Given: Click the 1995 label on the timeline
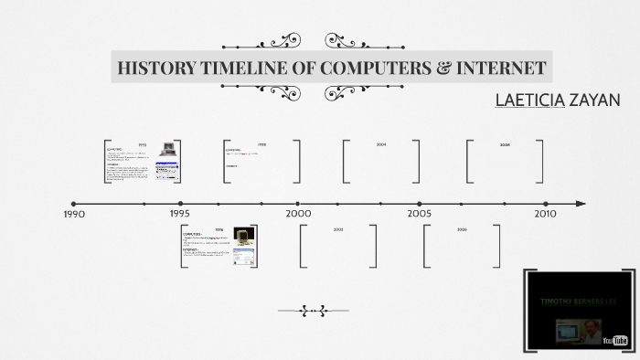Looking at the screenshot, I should (x=180, y=214).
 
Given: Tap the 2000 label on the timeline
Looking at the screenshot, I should (x=298, y=214).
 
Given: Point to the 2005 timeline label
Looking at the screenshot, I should (x=420, y=214).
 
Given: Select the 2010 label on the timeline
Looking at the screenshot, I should (x=545, y=214).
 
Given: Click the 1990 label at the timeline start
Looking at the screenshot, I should (x=74, y=215).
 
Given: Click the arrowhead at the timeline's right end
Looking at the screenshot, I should (x=581, y=204).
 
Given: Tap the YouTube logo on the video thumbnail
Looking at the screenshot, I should (x=616, y=340).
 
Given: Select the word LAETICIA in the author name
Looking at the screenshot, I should (x=529, y=100).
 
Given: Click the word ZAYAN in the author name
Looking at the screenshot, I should (x=594, y=100).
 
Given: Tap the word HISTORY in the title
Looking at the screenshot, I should (x=154, y=68).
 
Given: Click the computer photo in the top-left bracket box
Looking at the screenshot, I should (x=168, y=149).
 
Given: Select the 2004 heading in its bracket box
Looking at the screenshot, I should (x=381, y=144).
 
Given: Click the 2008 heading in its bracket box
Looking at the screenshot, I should (x=505, y=144).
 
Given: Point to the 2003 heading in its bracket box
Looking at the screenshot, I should (x=337, y=229).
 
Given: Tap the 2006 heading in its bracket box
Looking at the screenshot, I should (x=462, y=229).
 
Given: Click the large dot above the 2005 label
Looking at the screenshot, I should (x=420, y=204).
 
